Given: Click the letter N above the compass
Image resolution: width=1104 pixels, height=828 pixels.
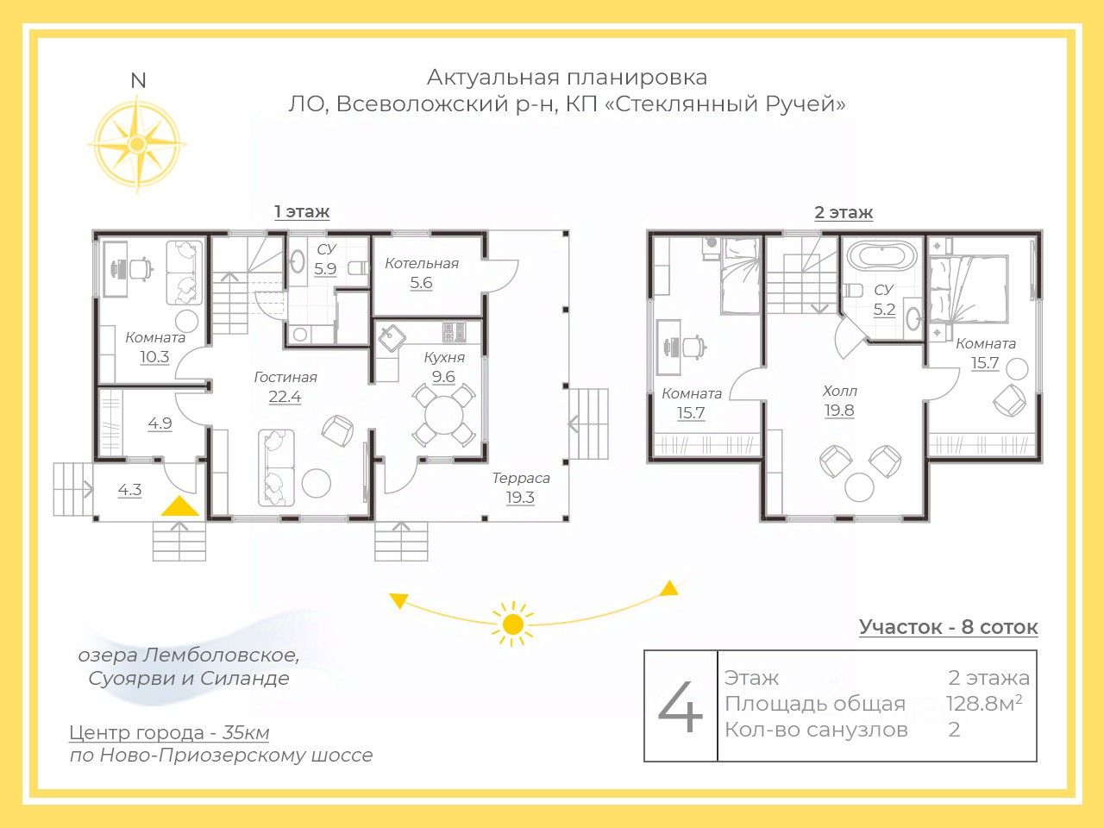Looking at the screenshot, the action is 138,81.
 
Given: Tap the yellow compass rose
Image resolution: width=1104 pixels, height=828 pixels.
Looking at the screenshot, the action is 137,145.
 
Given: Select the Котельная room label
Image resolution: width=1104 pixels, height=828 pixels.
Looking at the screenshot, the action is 422,263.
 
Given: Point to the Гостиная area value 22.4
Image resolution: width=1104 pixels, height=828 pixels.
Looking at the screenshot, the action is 285,397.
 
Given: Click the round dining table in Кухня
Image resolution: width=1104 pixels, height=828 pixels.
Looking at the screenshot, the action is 443,415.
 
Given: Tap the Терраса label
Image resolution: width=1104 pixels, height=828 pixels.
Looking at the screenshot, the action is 521,478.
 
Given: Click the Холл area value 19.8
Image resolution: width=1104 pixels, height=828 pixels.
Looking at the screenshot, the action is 839,411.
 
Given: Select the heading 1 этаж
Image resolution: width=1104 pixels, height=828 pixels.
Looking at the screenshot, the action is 302,211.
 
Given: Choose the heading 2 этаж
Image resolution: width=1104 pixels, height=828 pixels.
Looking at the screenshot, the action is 844,213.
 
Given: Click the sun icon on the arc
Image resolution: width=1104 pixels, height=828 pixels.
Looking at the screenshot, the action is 512,624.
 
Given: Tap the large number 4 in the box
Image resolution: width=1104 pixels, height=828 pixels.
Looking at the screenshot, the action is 680,709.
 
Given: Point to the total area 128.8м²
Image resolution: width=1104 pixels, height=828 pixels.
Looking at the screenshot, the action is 984,703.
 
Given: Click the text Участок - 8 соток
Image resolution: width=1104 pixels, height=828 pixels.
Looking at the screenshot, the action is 948,627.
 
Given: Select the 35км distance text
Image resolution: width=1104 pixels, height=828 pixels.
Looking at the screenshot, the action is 246,732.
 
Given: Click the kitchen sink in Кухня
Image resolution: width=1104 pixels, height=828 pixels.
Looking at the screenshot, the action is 392,338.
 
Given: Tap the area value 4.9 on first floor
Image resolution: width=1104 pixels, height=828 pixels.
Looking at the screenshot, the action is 160,423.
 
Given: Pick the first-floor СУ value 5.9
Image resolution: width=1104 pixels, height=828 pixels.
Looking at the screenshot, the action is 325,269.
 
